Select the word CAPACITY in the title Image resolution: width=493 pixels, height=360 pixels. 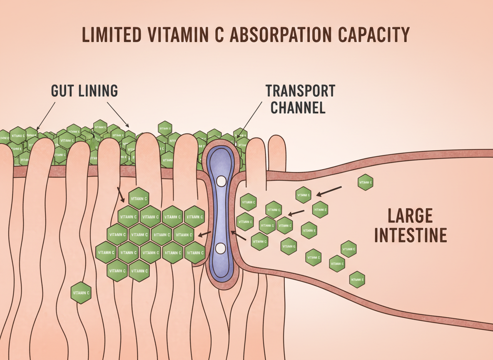[373, 35]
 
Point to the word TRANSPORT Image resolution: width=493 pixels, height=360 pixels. [300, 91]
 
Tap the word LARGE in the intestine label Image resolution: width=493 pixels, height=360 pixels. [410, 216]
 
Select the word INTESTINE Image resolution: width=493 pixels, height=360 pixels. [411, 235]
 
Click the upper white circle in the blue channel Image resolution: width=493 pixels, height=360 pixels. [221, 181]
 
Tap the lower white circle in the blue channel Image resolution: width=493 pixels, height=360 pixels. [220, 248]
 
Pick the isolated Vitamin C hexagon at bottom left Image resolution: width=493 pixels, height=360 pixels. [81, 292]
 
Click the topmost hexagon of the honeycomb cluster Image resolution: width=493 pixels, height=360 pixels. [139, 198]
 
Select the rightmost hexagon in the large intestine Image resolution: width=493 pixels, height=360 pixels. [365, 182]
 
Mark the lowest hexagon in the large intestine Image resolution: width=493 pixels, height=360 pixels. [357, 279]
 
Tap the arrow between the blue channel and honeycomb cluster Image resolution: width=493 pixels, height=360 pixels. [204, 235]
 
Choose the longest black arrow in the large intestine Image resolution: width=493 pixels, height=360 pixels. [329, 190]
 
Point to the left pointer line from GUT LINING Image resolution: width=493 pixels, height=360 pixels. [46, 115]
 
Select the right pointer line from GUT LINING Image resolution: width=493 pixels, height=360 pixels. [119, 114]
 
